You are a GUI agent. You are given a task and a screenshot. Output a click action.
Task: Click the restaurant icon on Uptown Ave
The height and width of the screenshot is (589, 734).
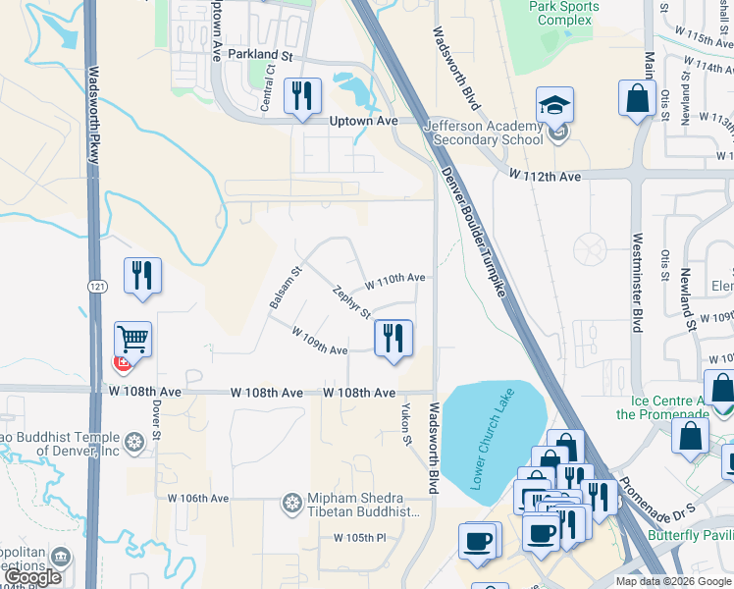(x=301, y=95)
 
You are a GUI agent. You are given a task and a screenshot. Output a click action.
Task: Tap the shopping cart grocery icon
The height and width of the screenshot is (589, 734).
(x=132, y=340)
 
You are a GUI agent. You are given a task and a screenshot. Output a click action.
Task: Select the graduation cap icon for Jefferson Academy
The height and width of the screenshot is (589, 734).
(x=555, y=105)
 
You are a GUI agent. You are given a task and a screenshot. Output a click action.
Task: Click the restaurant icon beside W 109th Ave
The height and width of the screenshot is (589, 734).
(x=393, y=338)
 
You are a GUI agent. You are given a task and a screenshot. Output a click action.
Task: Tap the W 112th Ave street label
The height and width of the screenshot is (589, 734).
(x=545, y=175)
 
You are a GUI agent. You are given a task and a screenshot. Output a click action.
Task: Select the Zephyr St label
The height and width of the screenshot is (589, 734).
(x=351, y=302)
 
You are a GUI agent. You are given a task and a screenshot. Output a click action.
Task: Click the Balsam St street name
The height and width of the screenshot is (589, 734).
(x=285, y=288)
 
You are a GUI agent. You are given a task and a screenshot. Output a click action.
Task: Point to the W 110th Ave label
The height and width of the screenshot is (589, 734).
(x=394, y=279)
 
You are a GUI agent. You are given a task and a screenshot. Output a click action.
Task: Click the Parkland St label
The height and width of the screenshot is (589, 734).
(x=261, y=56)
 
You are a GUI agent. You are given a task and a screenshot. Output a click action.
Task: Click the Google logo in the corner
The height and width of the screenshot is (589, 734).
(x=32, y=577)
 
